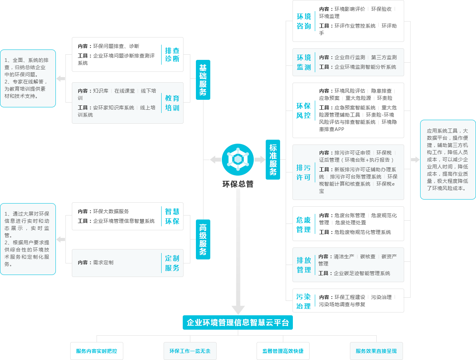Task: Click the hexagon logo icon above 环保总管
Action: tap(238, 159)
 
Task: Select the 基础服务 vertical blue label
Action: tap(203, 80)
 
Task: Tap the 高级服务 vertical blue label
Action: tap(203, 239)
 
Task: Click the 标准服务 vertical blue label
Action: tap(273, 160)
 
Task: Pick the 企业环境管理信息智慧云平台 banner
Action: tap(238, 322)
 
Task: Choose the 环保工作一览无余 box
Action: tap(190, 351)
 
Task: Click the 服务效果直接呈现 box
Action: tap(376, 351)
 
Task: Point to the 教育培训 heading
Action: tap(172, 103)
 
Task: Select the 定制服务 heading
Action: tap(172, 263)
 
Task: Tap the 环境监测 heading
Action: tap(304, 62)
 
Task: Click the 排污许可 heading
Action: tap(304, 172)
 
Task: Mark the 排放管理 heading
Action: tap(304, 265)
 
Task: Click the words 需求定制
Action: tap(103, 262)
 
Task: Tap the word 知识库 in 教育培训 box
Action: tap(101, 91)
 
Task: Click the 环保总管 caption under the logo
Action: tap(238, 184)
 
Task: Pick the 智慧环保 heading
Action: tap(172, 216)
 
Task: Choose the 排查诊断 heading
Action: tap(172, 55)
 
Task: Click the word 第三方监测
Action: tap(384, 57)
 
